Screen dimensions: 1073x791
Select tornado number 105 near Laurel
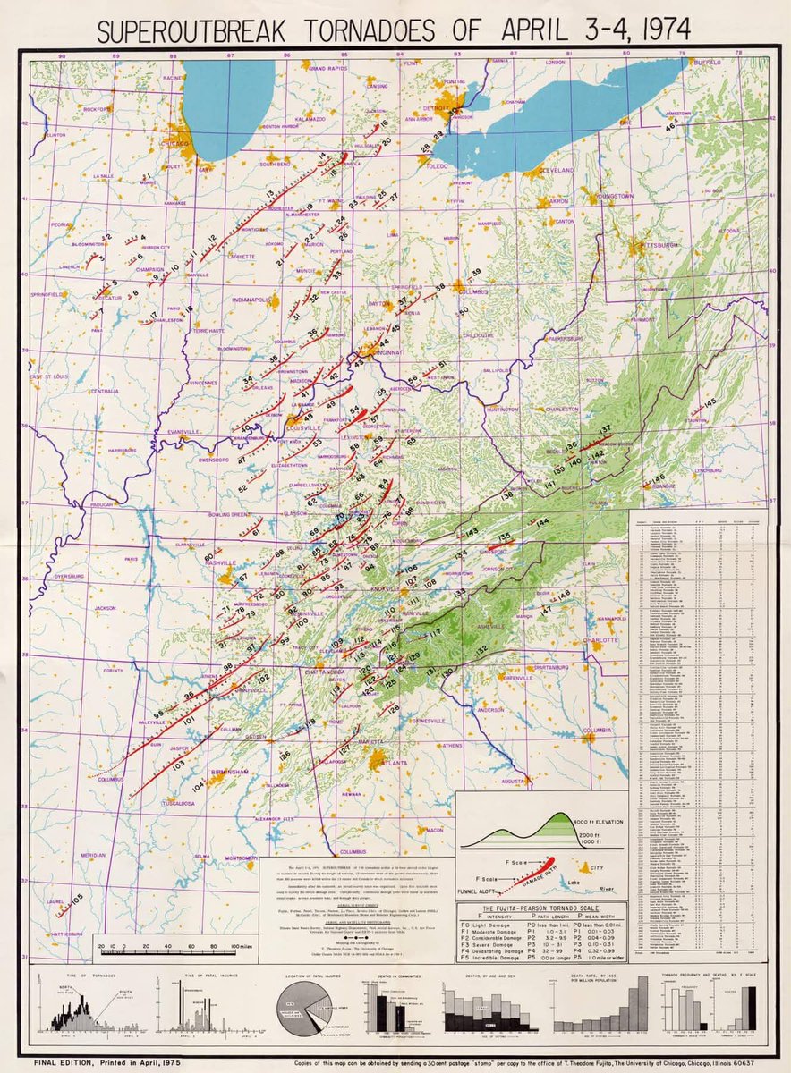(77, 897)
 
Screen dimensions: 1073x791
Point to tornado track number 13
(268, 194)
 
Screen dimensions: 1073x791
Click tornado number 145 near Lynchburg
(710, 404)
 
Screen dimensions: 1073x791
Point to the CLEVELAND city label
(556, 169)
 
